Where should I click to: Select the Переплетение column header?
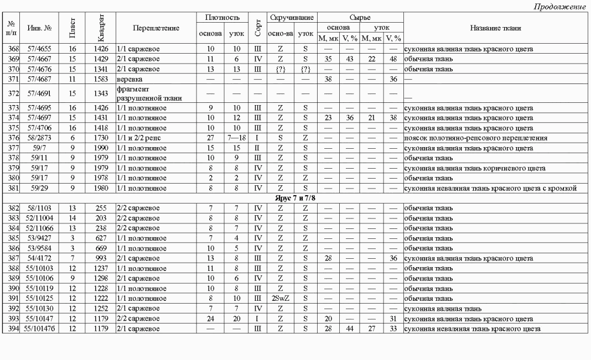pos(156,28)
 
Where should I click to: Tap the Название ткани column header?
pos(495,28)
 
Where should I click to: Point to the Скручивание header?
pos(291,18)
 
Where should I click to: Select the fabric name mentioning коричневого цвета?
pos(468,168)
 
